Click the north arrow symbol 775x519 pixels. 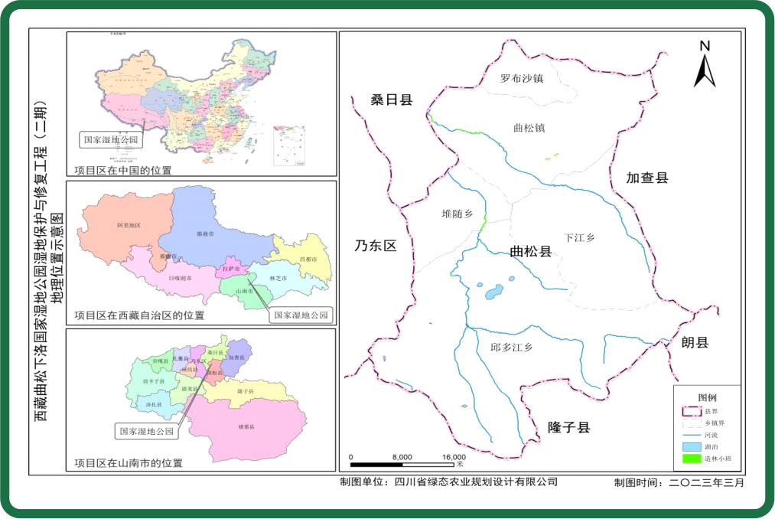point(705,64)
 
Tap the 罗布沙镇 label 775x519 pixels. point(522,78)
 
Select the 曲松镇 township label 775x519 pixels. point(529,128)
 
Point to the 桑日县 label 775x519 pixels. point(392,100)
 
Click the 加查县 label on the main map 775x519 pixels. point(647,178)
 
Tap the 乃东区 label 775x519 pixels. point(376,246)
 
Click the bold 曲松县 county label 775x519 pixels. point(531,252)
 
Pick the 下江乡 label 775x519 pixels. point(579,237)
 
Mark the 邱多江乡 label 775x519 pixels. point(510,346)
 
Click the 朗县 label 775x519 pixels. point(695,342)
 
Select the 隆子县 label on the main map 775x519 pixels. point(569,427)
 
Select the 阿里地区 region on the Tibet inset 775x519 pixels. point(129,225)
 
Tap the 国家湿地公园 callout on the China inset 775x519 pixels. point(111,139)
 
